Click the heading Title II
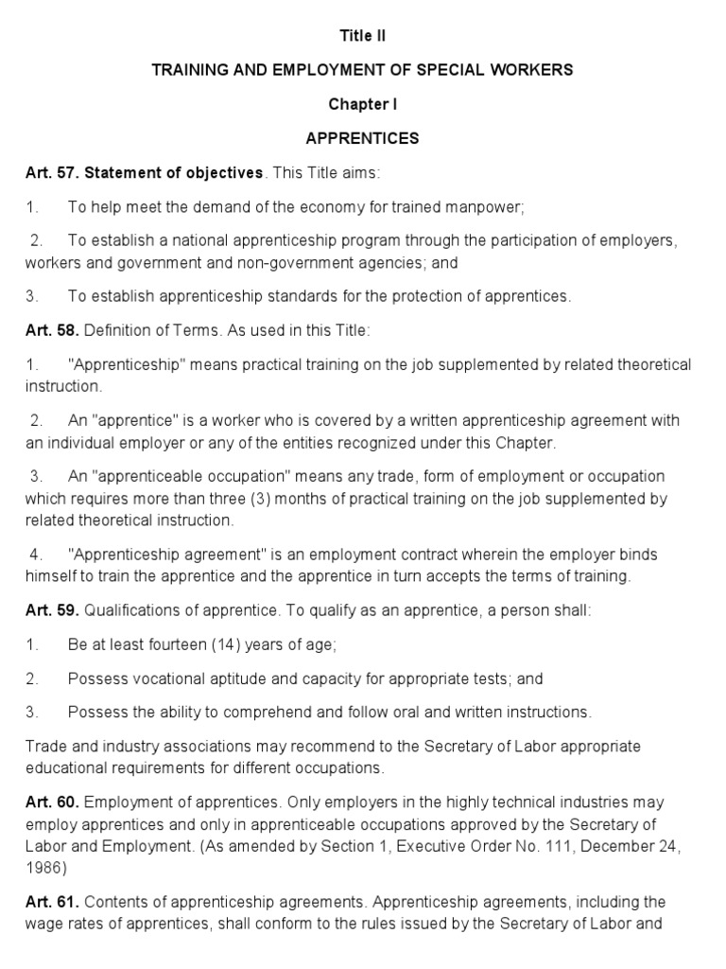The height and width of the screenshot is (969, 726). pos(363,36)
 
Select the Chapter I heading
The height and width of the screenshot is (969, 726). pos(363,104)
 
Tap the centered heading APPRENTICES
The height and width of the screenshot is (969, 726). pos(363,138)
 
